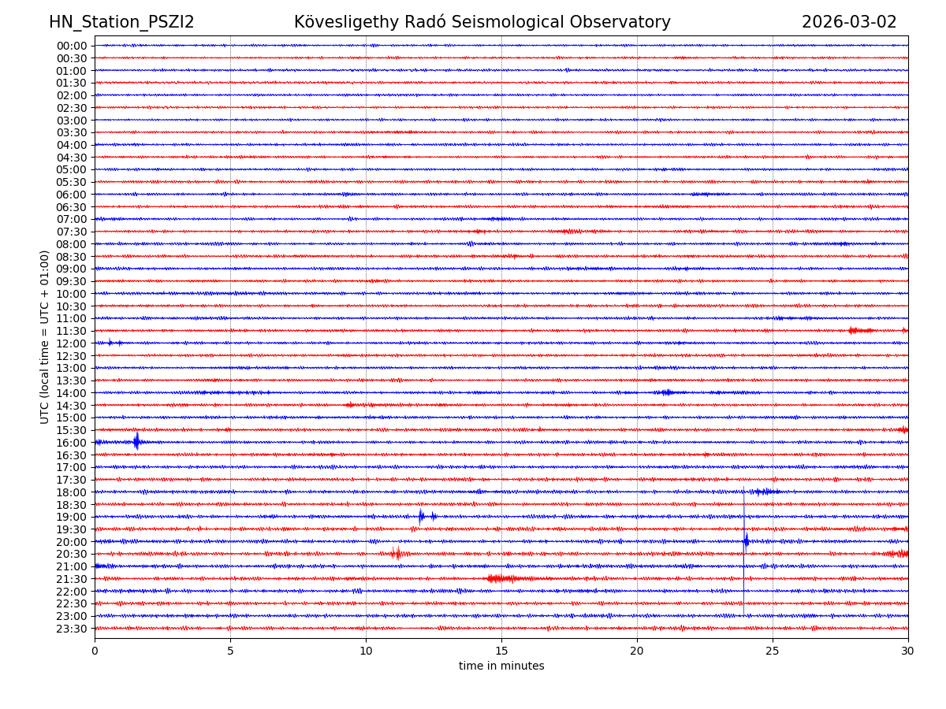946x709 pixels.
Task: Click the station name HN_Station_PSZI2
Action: click(121, 23)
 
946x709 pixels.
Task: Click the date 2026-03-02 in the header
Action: click(849, 23)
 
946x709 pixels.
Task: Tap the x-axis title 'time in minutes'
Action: click(501, 666)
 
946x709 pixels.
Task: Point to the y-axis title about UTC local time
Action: click(45, 337)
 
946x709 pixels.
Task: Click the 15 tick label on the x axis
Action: click(501, 651)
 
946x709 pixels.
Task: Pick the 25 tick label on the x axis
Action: click(773, 651)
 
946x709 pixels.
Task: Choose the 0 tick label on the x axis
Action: click(95, 651)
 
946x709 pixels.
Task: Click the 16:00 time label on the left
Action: click(71, 443)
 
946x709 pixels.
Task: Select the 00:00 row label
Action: click(71, 46)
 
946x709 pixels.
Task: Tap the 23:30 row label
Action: click(71, 629)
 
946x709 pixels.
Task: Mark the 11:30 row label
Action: click(71, 331)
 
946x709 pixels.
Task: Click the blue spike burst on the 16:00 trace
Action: click(136, 441)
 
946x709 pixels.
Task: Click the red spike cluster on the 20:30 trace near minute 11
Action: click(396, 554)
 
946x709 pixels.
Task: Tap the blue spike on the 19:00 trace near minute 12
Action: click(421, 517)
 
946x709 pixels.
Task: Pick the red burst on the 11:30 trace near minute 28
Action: click(859, 331)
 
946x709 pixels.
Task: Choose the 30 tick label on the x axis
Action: click(908, 651)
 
